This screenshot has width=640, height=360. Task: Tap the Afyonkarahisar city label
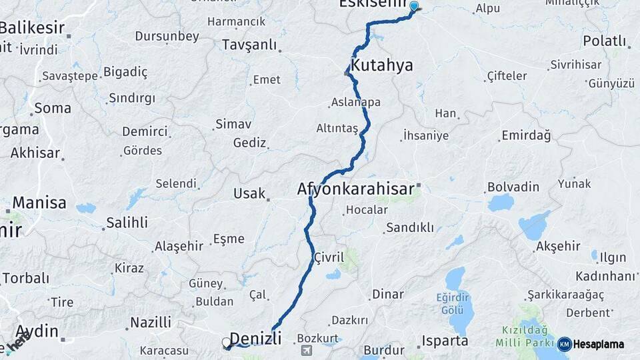click(355, 189)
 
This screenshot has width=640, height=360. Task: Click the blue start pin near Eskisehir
click(414, 7)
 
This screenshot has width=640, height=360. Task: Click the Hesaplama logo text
click(598, 345)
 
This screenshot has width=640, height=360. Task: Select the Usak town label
click(249, 193)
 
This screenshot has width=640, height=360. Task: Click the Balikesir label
click(32, 28)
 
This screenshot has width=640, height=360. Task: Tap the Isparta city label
click(445, 341)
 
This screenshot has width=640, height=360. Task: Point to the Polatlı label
click(605, 41)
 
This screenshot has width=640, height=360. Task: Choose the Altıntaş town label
click(337, 127)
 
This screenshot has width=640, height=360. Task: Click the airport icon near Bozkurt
click(306, 350)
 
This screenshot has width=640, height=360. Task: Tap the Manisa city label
click(39, 202)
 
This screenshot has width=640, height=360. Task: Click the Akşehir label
click(557, 246)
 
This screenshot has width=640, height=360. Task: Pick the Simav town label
click(233, 124)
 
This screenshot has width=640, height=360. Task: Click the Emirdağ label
click(527, 136)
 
